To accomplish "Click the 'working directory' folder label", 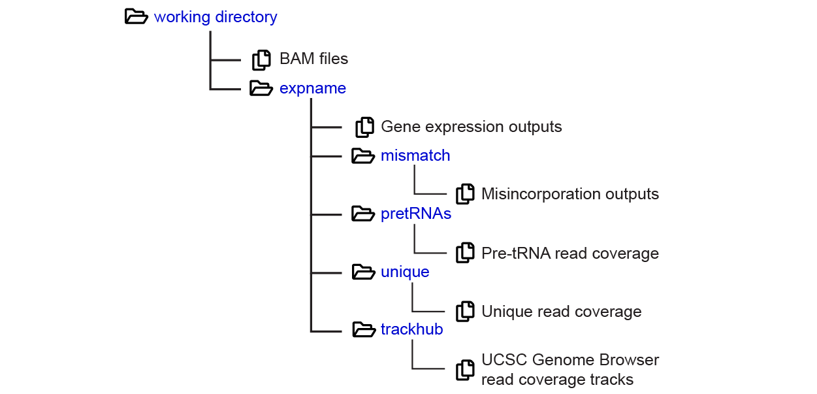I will (215, 17).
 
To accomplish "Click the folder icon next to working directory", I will (136, 17).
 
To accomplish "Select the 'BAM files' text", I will (313, 59).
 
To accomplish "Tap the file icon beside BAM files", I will (261, 59).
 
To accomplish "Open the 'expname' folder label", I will (312, 88).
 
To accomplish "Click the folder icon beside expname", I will (261, 88).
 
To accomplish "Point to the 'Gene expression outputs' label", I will (471, 126).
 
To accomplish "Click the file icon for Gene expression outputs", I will (364, 127).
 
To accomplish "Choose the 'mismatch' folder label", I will (415, 156).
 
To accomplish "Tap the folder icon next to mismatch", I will (363, 156).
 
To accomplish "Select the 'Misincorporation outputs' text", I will (569, 194).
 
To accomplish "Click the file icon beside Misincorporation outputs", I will (465, 194).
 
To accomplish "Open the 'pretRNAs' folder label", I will (416, 214).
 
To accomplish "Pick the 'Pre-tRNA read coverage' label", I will (569, 253).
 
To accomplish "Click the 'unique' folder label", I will (405, 272).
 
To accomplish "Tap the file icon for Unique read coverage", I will (465, 312).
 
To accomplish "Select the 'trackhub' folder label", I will (411, 329).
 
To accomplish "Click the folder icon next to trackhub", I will (363, 329).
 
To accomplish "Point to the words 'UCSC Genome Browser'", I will (569, 360).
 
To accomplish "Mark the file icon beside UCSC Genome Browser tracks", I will (465, 370).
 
